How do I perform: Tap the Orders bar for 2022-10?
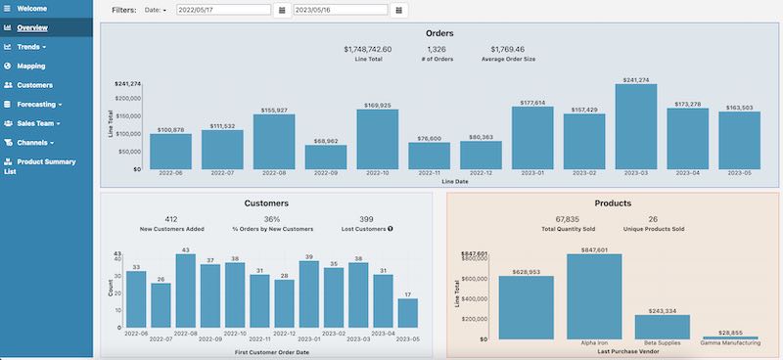pos(377,139)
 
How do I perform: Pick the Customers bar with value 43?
pos(185,293)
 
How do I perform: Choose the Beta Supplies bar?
pos(662,327)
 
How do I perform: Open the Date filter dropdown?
pos(156,10)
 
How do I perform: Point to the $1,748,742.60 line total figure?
pos(368,49)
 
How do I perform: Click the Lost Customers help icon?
pos(391,229)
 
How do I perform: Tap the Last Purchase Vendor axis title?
pos(627,351)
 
